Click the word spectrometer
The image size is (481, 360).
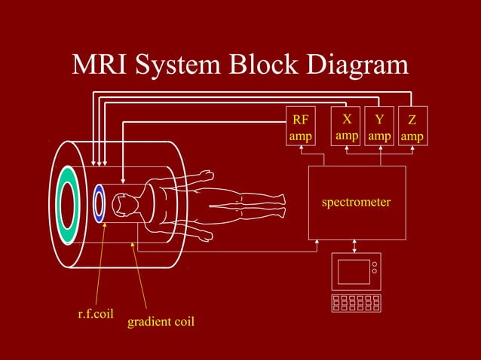pos(357,202)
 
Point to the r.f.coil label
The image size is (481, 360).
pos(96,313)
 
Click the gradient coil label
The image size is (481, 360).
pos(161,322)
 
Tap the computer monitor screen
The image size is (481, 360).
pos(354,271)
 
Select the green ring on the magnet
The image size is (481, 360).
pos(68,204)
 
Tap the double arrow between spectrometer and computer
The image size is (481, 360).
pos(356,246)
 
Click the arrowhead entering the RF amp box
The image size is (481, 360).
pos(301,148)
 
